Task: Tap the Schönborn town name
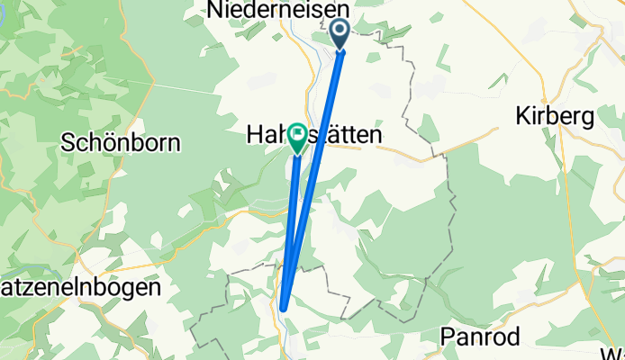(x=121, y=142)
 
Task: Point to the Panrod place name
(x=482, y=336)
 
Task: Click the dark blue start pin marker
(x=341, y=33)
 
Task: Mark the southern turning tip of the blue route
(x=283, y=307)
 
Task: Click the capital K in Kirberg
(x=522, y=116)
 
